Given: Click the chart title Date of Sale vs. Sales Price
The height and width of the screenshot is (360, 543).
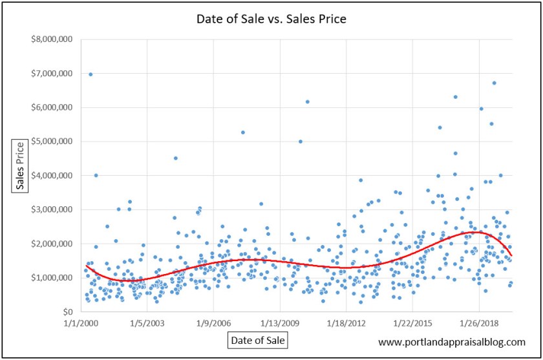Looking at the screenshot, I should pos(271,19).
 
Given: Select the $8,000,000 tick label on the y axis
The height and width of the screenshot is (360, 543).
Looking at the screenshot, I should pos(54,39).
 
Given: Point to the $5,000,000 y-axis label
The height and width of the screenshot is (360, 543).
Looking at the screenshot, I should pos(54,142).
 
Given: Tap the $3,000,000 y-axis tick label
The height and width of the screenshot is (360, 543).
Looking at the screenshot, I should pos(54,209).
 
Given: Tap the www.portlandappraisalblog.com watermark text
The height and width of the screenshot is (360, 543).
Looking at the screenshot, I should pos(451,342).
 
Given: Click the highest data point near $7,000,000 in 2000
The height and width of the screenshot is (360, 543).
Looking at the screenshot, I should pos(90,74).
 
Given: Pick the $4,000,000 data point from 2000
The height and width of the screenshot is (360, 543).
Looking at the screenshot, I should pos(96,175).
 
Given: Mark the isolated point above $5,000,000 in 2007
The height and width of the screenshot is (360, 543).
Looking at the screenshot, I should pos(243,132).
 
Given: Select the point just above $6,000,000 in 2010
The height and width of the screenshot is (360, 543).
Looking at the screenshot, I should pos(308,101).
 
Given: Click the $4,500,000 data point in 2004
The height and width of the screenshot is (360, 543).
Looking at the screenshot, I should pos(176,158).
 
